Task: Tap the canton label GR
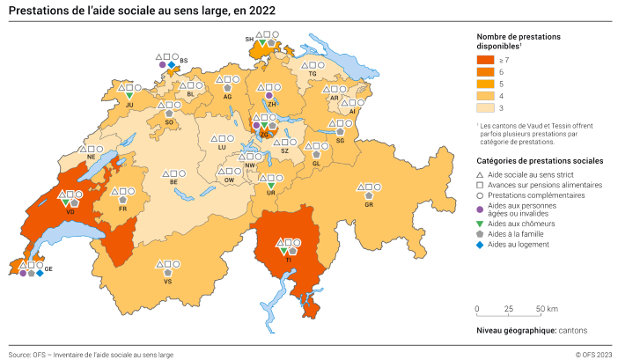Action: click(x=369, y=204)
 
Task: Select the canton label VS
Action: click(x=167, y=282)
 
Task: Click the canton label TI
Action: click(x=288, y=261)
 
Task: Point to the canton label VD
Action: click(x=70, y=212)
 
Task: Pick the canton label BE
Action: click(x=173, y=182)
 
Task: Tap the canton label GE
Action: click(x=49, y=268)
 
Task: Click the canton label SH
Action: click(x=249, y=40)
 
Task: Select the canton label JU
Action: click(x=129, y=105)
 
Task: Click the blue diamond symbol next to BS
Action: click(x=171, y=64)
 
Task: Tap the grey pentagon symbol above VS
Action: click(x=167, y=273)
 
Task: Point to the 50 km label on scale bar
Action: click(x=545, y=309)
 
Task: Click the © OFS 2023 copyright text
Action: click(x=587, y=354)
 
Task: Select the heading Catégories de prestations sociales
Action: click(x=540, y=161)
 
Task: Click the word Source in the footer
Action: click(x=18, y=354)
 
